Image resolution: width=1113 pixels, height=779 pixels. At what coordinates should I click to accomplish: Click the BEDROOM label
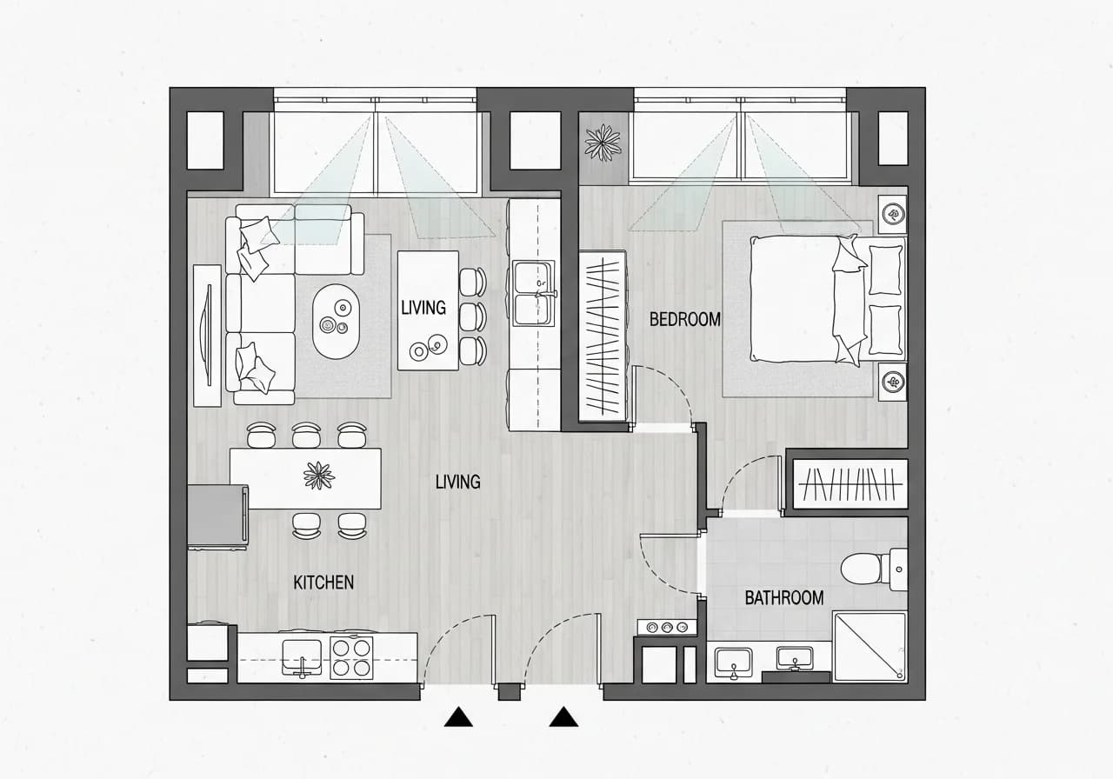(684, 319)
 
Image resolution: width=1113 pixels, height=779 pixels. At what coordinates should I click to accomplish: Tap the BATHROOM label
(784, 597)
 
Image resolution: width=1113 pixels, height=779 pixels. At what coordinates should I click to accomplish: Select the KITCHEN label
(323, 583)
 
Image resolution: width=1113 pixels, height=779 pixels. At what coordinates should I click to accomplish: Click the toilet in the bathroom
(874, 569)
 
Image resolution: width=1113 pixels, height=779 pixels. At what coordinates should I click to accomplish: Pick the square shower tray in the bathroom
(870, 647)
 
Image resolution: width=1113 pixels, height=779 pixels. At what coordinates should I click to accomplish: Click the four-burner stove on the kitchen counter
(351, 658)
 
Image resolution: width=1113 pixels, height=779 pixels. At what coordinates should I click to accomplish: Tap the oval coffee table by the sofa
(336, 322)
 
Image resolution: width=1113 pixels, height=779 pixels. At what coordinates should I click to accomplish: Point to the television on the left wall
(207, 336)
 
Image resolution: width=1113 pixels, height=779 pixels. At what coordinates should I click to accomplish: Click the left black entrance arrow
(458, 717)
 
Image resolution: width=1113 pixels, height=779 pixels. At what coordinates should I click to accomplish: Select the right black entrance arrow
(563, 717)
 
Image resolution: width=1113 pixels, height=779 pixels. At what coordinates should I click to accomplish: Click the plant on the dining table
(318, 476)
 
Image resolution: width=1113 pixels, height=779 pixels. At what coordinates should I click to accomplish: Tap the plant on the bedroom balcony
(603, 143)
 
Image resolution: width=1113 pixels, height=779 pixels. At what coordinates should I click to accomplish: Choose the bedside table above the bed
(892, 214)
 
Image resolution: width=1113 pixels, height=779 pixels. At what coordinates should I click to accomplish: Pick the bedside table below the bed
(892, 382)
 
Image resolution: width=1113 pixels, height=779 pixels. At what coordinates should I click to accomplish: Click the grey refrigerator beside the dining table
(217, 516)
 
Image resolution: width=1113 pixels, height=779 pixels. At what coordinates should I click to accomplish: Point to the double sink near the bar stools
(534, 293)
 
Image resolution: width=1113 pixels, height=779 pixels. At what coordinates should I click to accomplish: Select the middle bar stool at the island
(472, 317)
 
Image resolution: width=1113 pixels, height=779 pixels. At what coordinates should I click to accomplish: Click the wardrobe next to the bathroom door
(850, 483)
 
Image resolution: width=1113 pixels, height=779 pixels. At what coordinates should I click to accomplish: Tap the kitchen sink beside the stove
(302, 658)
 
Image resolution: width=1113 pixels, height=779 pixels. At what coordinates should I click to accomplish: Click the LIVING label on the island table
(423, 308)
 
